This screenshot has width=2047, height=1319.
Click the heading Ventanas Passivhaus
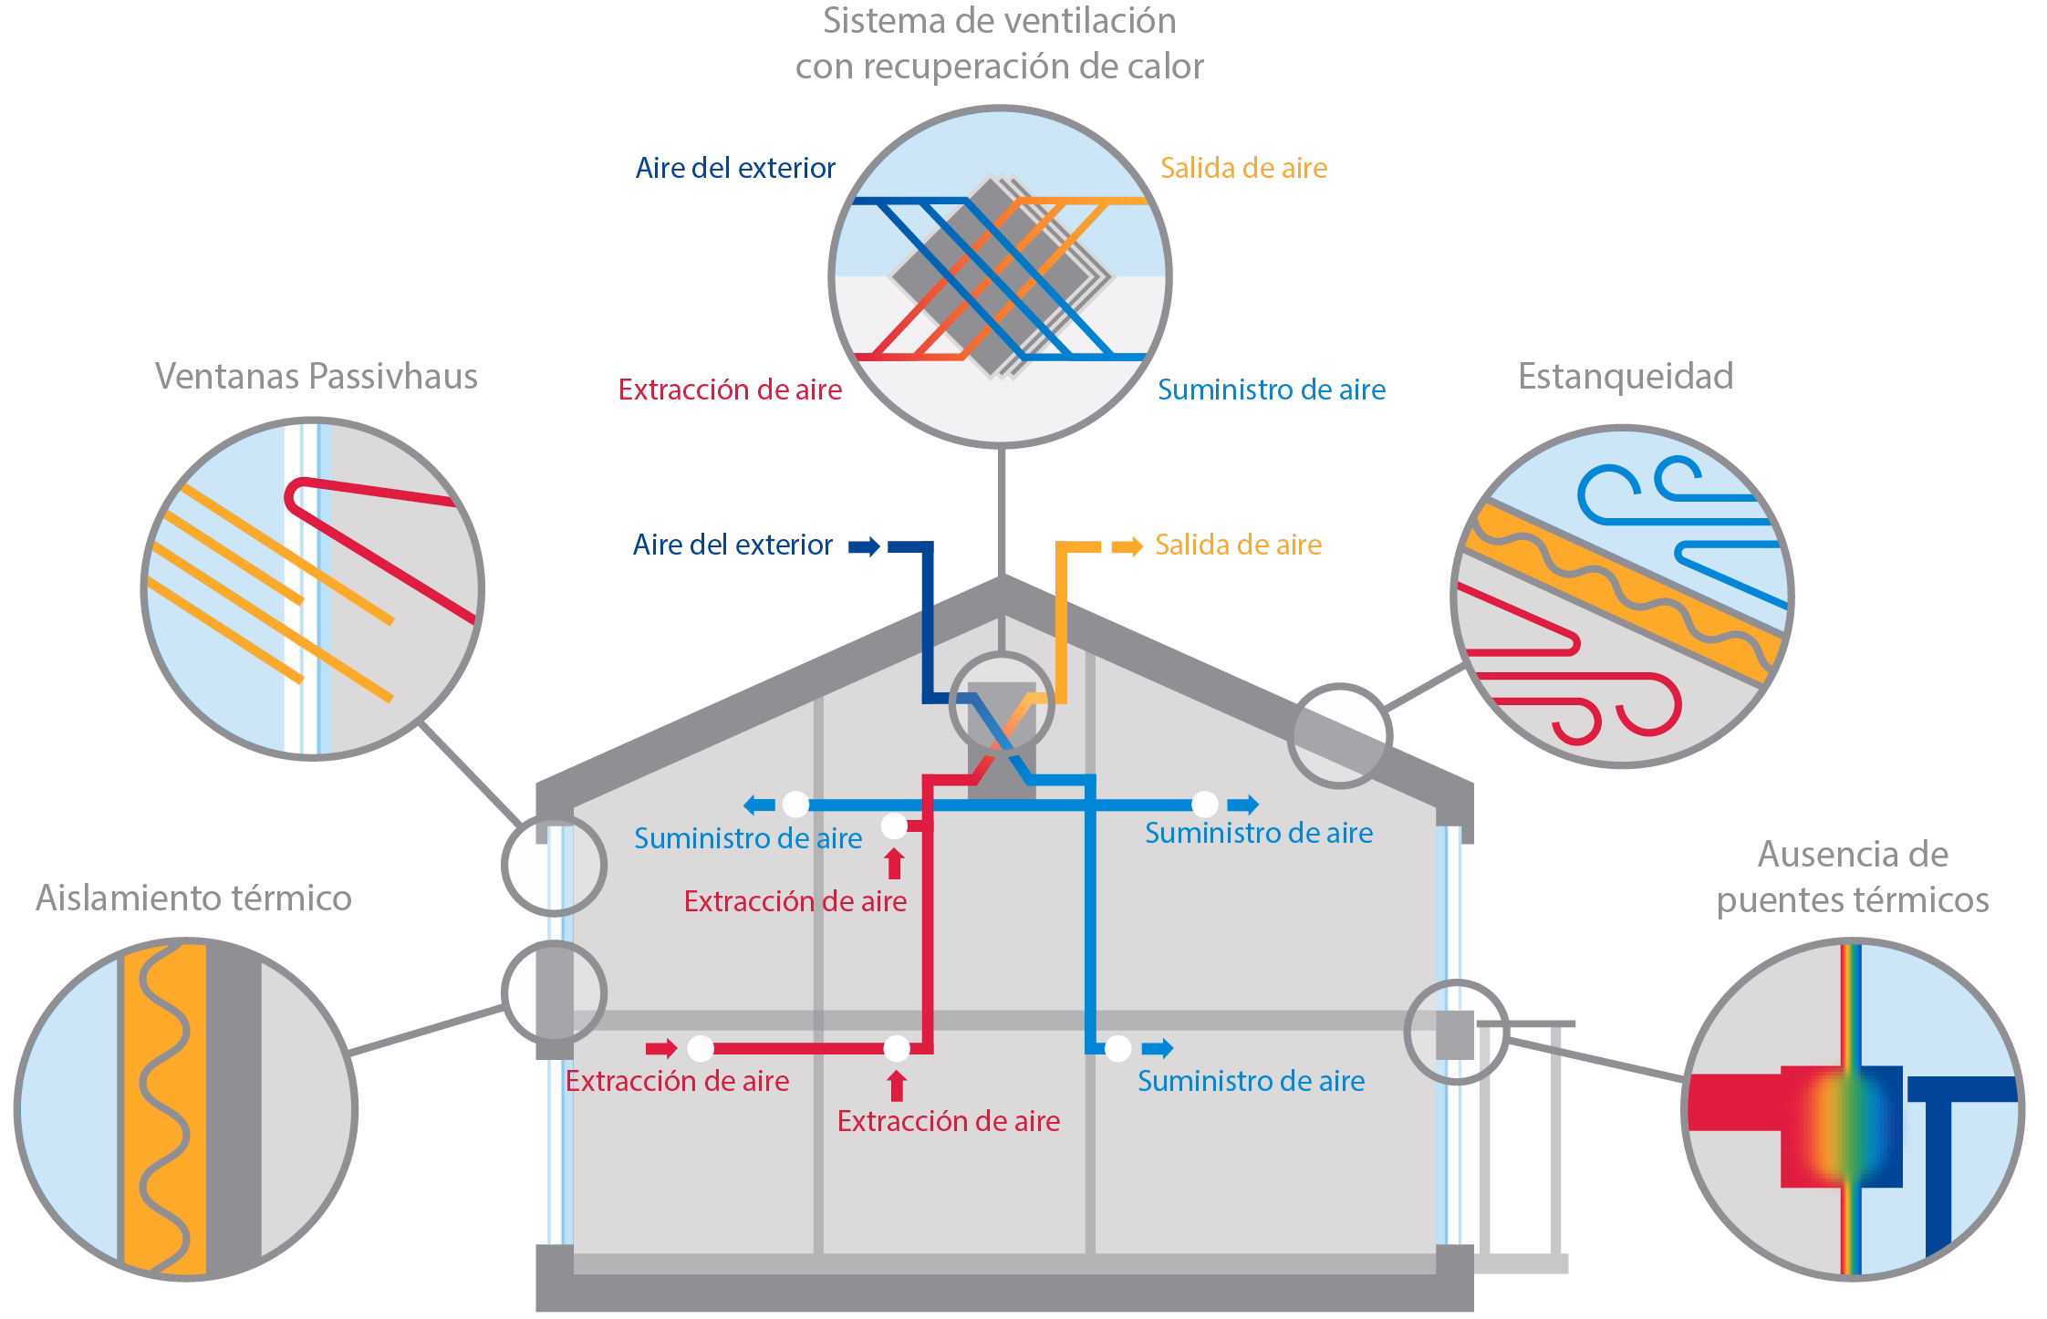point(316,377)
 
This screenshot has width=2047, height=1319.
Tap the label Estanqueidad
point(1626,377)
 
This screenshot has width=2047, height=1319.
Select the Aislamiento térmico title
point(193,898)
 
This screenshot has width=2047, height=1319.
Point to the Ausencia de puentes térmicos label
point(1852,878)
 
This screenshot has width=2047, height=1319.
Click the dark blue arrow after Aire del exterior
point(864,546)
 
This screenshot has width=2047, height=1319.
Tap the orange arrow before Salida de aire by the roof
point(1127,546)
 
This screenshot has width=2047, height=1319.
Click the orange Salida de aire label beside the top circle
point(1243,168)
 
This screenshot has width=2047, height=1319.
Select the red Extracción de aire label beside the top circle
point(730,390)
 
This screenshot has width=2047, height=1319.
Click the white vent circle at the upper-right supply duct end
point(1204,804)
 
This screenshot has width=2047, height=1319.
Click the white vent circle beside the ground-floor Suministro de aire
point(1117,1048)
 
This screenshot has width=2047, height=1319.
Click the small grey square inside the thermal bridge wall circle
point(1454,1034)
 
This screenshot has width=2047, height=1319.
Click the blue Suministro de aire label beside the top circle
point(1272,390)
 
